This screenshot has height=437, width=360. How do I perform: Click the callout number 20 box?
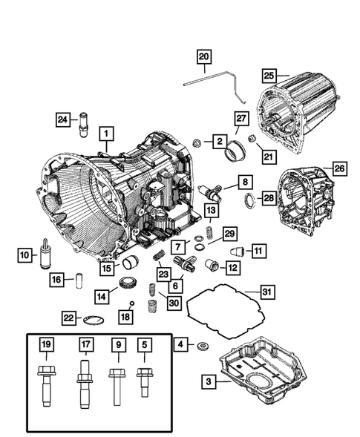[204, 56]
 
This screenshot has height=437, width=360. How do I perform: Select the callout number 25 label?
[269, 75]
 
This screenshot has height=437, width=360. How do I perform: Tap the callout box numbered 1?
[107, 134]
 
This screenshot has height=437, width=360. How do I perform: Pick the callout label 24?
[64, 119]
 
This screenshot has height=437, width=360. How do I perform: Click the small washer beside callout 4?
[201, 346]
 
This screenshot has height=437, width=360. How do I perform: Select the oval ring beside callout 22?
[92, 319]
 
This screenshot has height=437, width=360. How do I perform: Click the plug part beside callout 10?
[46, 257]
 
